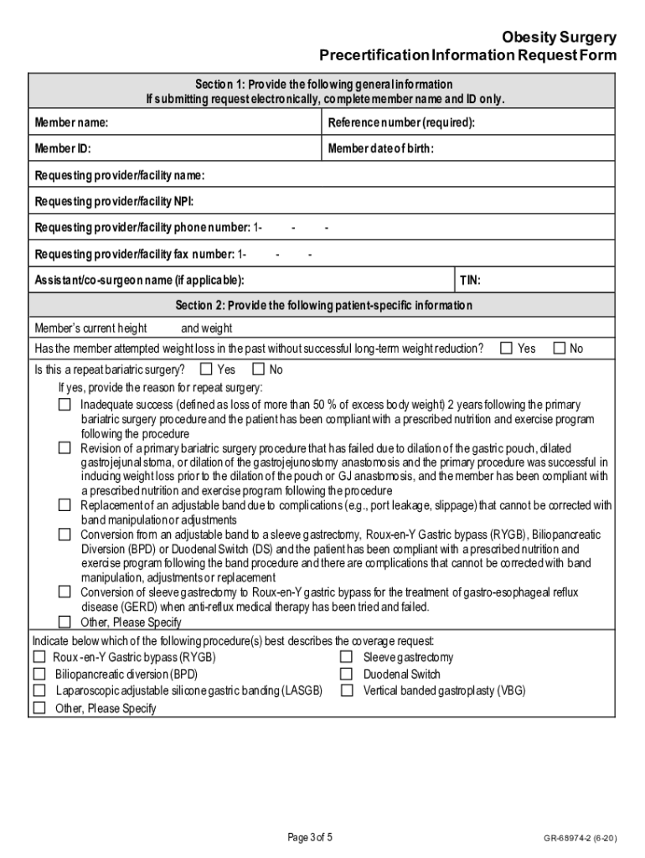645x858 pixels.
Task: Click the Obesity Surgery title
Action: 559,38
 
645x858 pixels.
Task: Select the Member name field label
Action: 71,123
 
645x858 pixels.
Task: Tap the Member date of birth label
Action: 381,149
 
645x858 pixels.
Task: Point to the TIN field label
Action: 470,280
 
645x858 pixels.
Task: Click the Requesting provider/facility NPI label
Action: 114,201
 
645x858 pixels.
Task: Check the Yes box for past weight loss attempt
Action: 506,349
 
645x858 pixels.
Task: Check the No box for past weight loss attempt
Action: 559,349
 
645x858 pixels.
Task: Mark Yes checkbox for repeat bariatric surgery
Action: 206,369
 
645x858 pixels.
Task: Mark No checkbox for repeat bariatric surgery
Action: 258,369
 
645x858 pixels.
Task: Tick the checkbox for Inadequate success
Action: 64,405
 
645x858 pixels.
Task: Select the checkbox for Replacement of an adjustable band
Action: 64,505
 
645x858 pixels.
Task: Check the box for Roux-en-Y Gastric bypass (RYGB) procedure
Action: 39,658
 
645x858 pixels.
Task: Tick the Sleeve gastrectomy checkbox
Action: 346,658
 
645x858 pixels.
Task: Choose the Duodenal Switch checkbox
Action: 346,675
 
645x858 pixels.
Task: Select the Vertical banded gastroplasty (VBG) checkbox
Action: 346,691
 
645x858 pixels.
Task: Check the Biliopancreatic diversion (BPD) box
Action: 39,675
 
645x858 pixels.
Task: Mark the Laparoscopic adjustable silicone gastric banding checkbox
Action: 39,691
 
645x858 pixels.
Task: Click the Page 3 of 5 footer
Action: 310,837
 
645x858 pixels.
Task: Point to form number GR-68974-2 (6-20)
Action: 580,838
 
